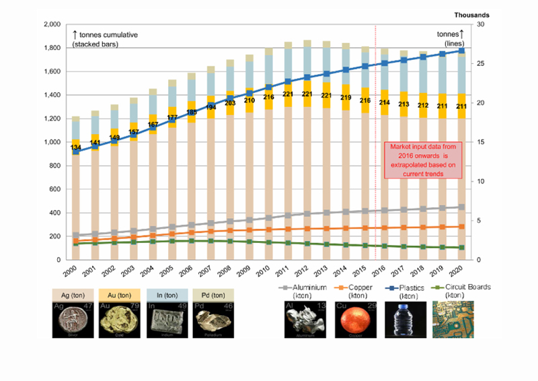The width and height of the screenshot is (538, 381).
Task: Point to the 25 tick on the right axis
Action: (481, 64)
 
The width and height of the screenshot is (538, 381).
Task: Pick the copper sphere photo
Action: (356, 323)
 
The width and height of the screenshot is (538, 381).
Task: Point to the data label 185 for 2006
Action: (192, 112)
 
